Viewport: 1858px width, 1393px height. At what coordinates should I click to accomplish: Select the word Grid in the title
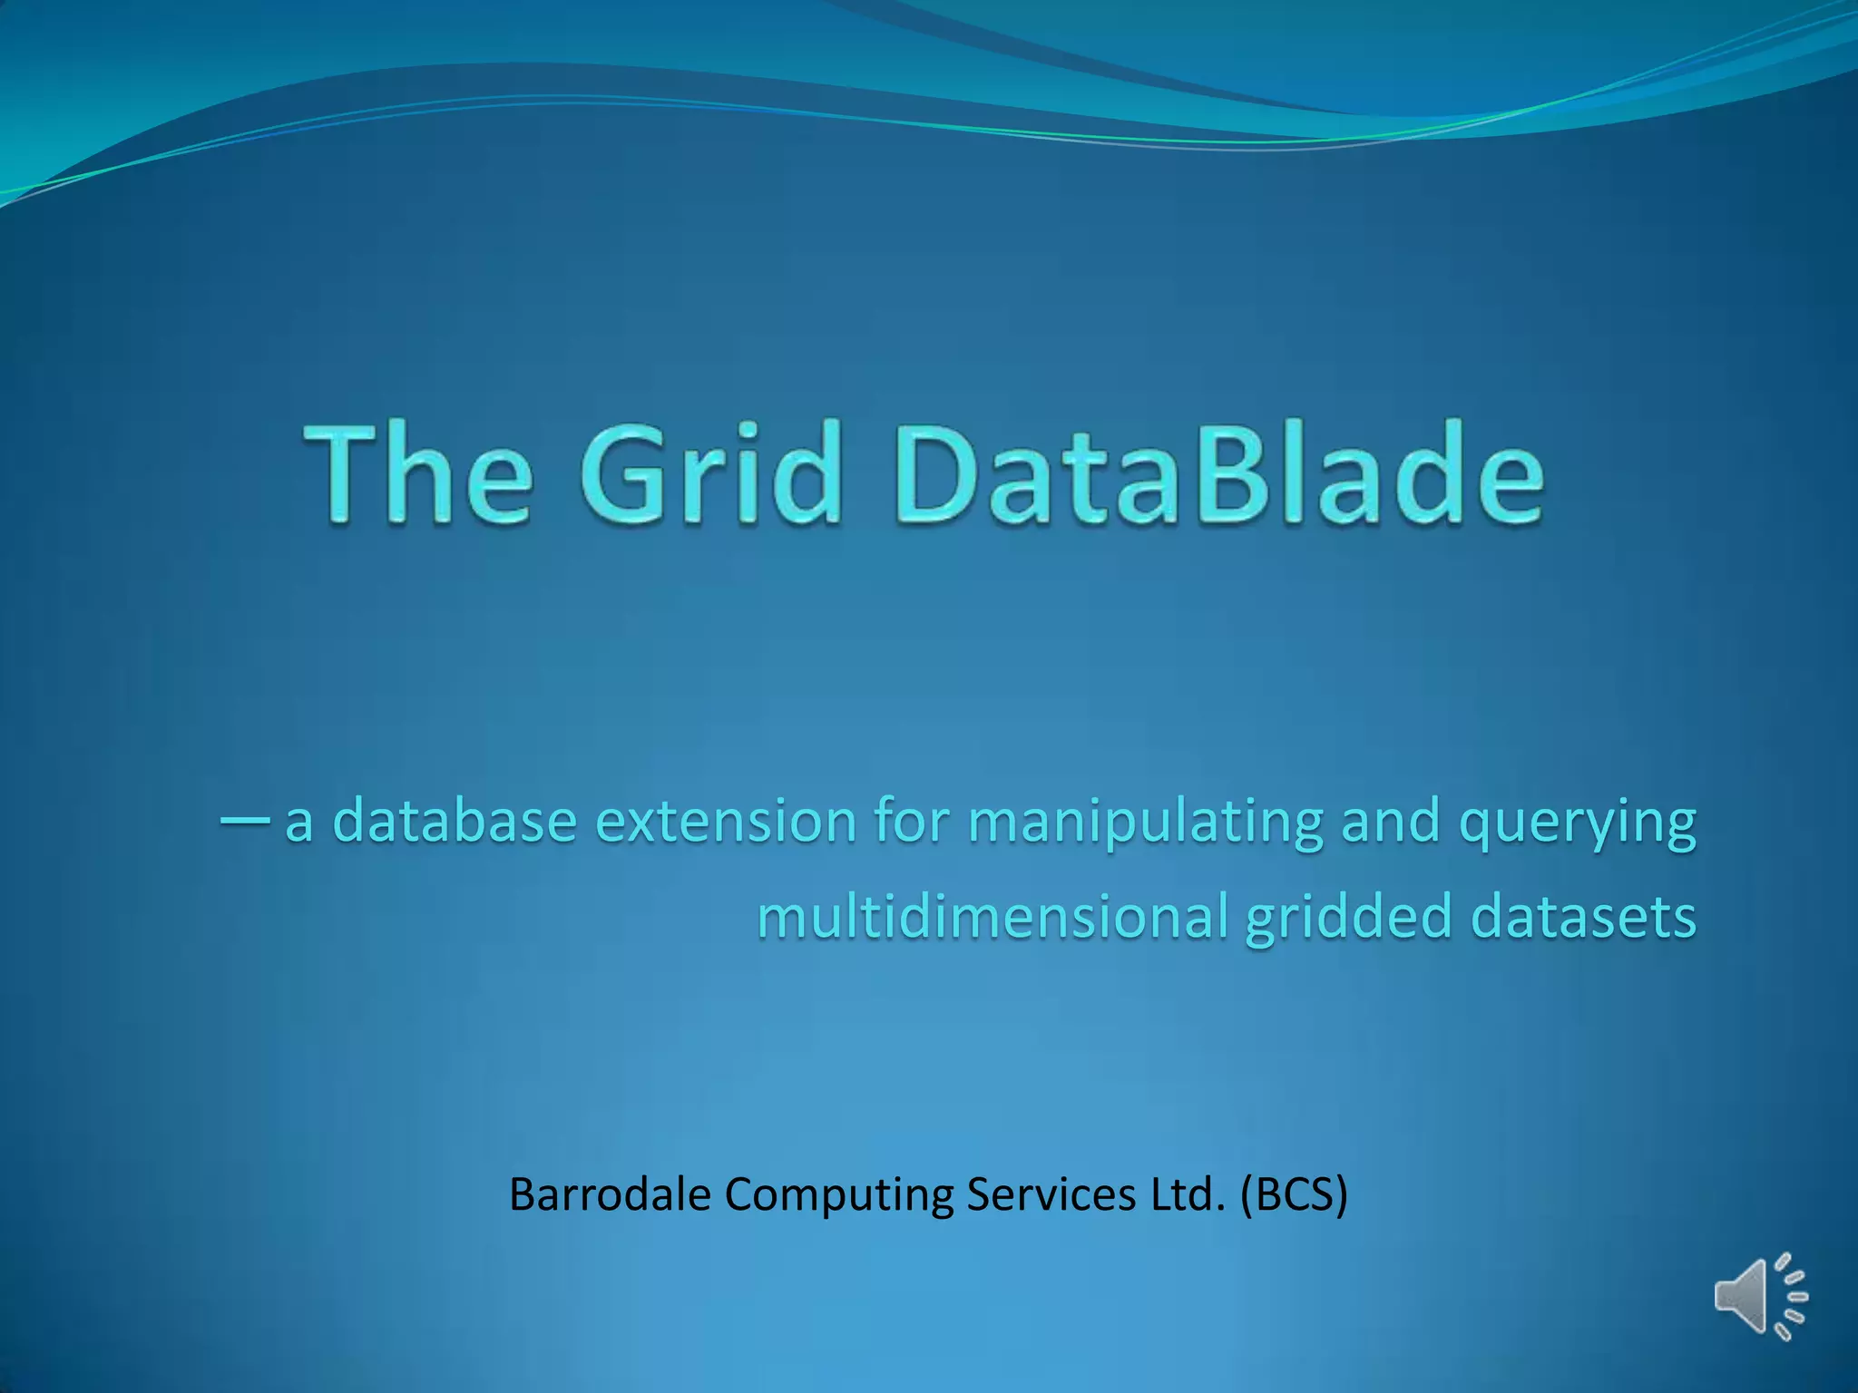[711, 473]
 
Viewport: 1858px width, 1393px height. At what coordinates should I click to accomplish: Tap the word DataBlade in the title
[1220, 473]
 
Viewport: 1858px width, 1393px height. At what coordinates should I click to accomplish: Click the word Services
[1051, 1194]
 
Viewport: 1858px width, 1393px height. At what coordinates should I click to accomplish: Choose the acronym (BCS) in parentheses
[1294, 1194]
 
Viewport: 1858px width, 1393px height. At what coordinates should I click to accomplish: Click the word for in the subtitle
[913, 821]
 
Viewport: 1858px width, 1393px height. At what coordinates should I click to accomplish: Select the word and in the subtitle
[1391, 821]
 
